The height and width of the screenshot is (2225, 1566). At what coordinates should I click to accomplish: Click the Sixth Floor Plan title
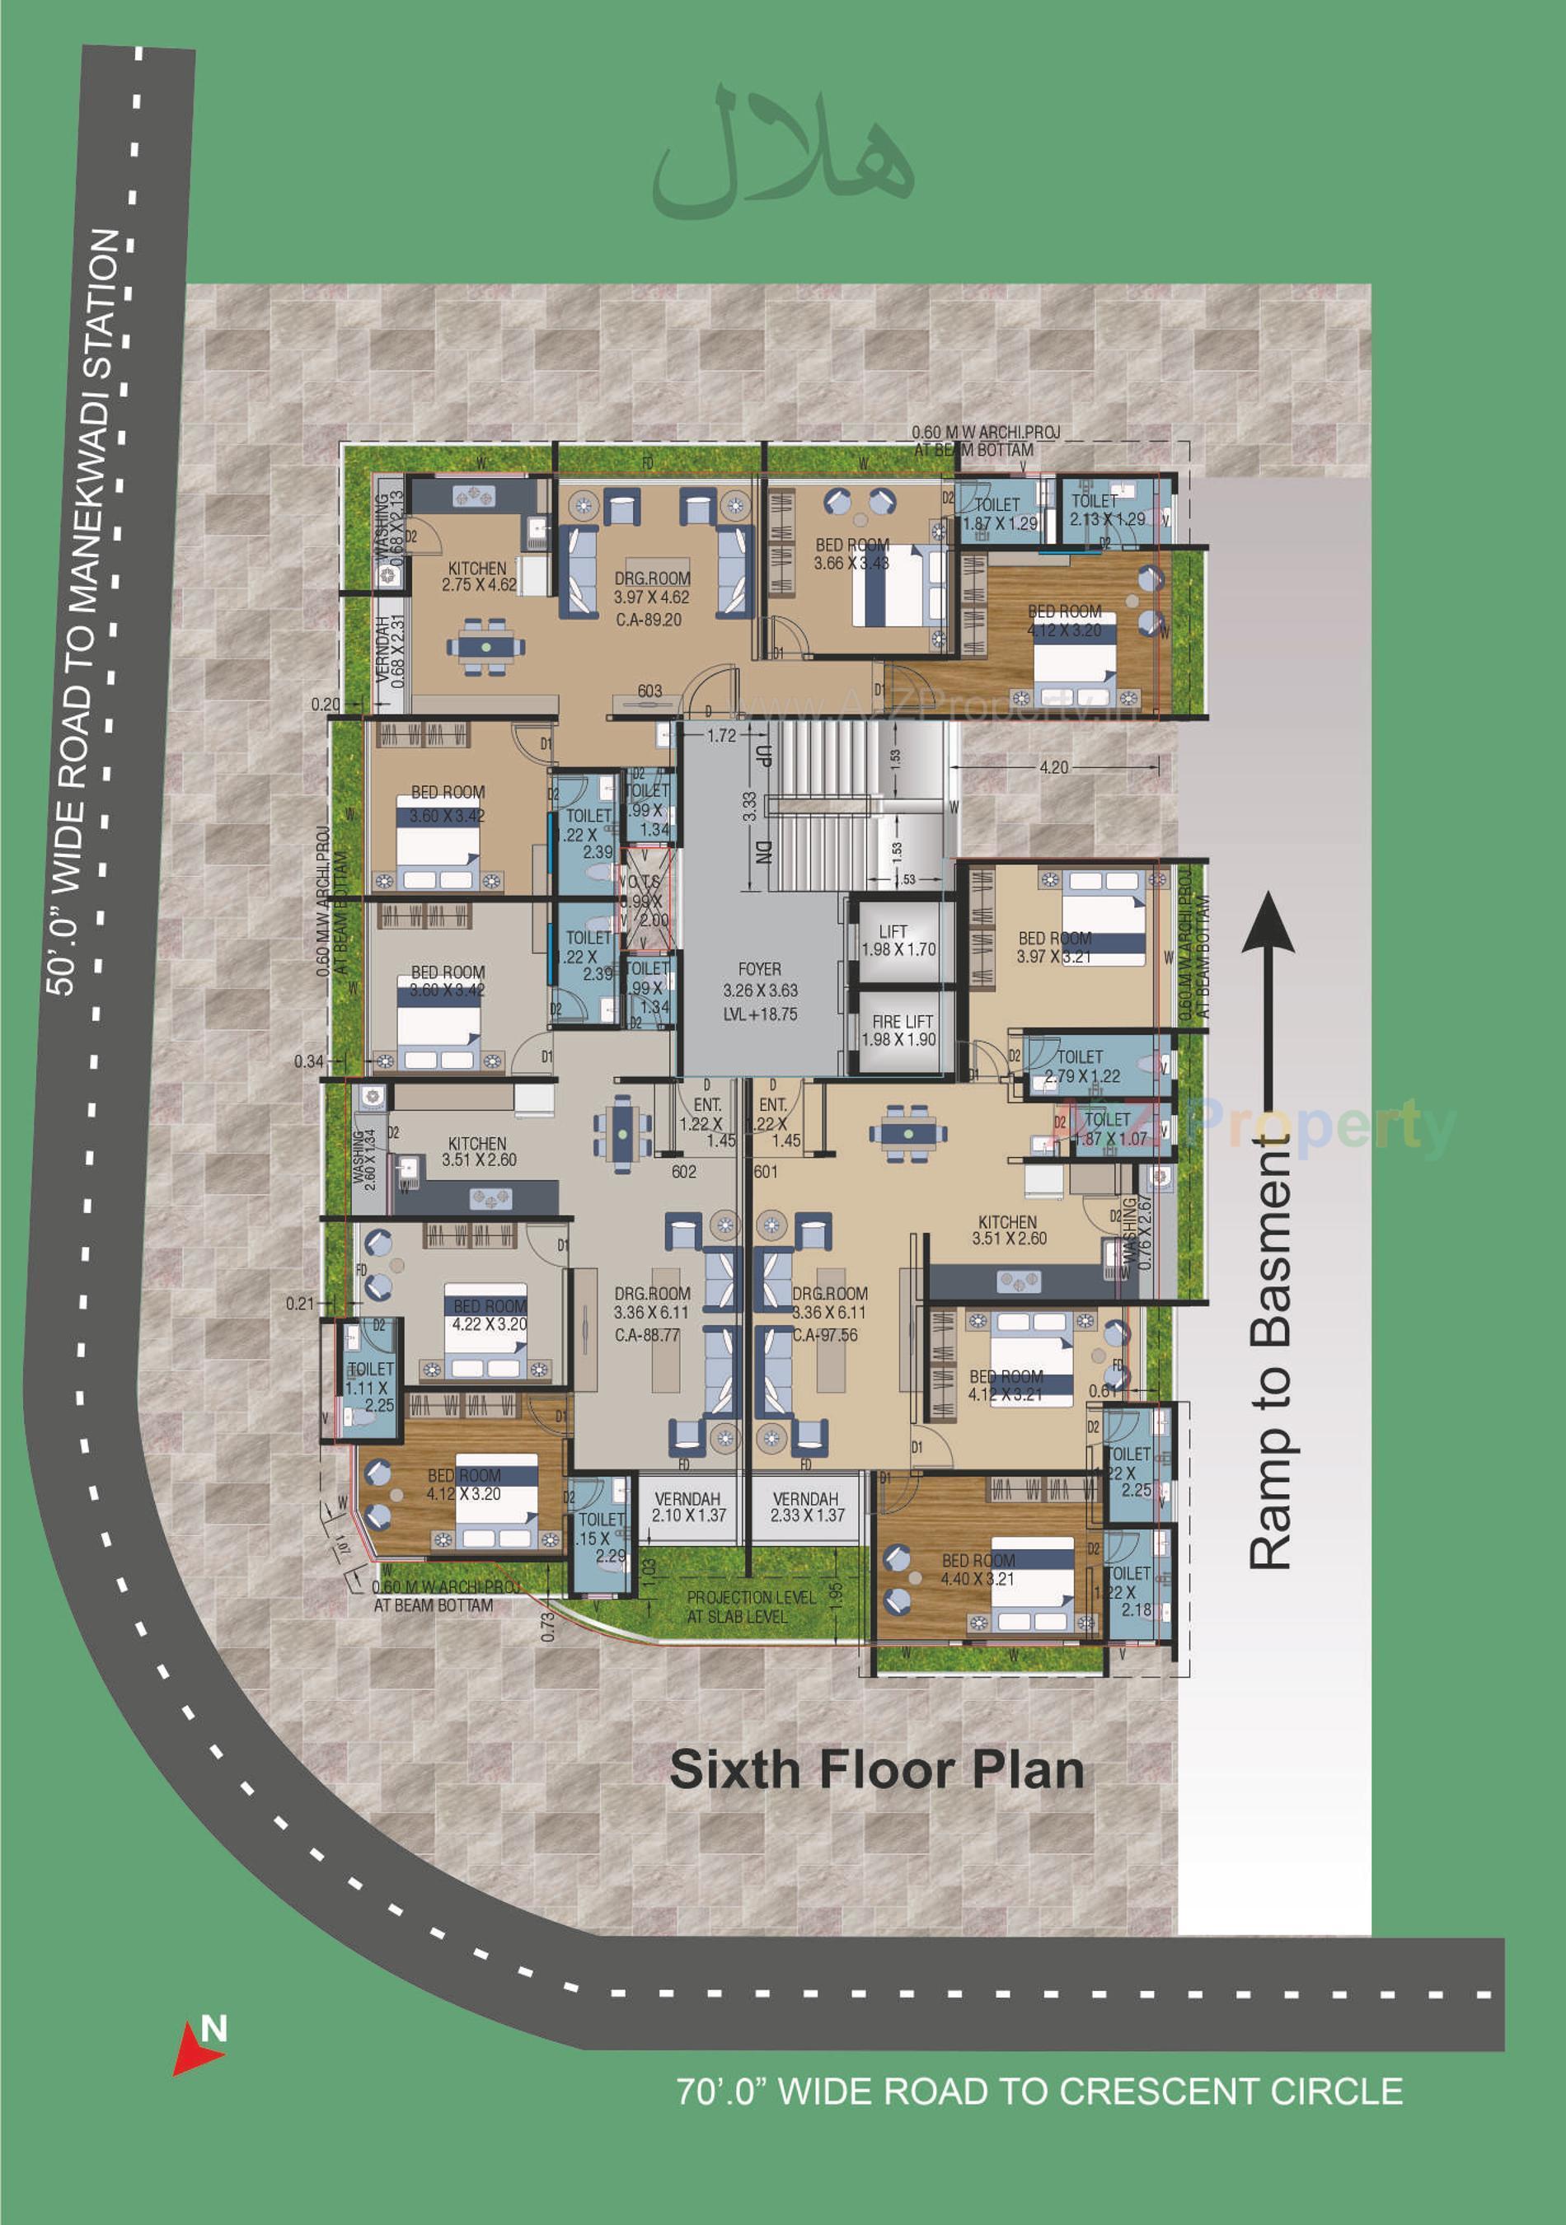click(876, 1769)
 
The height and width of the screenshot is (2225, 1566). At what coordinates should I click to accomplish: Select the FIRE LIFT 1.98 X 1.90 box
click(899, 1031)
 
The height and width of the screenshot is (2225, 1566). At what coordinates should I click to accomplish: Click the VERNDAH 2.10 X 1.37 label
click(688, 1507)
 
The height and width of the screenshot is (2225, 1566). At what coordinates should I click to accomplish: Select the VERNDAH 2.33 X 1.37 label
click(806, 1507)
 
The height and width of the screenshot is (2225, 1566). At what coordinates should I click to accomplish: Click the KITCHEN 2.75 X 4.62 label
click(478, 577)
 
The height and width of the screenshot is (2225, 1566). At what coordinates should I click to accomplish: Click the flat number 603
click(649, 691)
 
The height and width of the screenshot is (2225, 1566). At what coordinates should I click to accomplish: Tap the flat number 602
click(684, 1172)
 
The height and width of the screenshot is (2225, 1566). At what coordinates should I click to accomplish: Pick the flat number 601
click(766, 1172)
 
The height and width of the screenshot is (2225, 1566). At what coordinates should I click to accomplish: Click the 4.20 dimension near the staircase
click(1053, 767)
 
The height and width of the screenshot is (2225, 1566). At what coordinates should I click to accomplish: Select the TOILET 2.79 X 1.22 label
click(1081, 1066)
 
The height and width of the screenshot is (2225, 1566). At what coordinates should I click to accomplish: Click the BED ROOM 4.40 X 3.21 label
click(979, 1569)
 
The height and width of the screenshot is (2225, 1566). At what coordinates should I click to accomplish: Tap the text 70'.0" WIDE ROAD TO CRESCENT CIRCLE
click(1039, 2091)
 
